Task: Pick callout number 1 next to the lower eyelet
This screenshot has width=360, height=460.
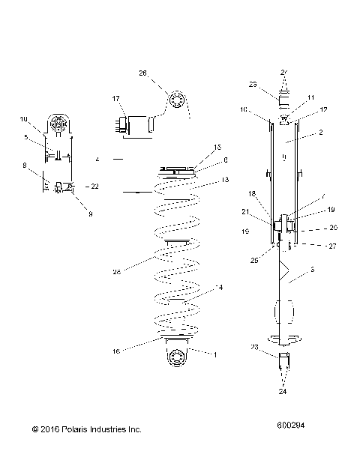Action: click(x=217, y=354)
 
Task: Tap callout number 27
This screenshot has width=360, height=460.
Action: click(x=313, y=245)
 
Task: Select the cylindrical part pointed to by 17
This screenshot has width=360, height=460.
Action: click(x=138, y=125)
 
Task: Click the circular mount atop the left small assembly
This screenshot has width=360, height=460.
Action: click(x=57, y=124)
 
